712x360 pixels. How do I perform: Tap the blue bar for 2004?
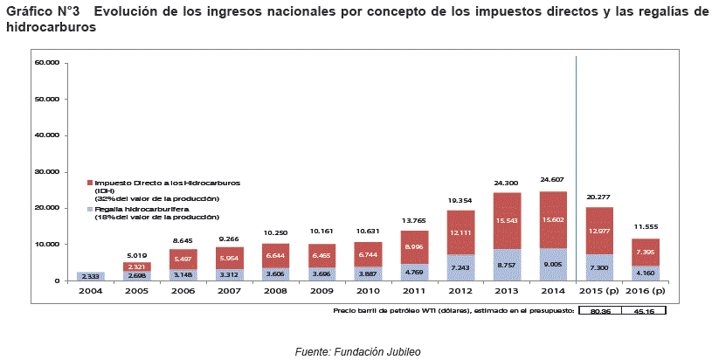(91, 276)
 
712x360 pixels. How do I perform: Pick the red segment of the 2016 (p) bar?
(646, 253)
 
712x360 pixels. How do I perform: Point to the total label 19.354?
(460, 199)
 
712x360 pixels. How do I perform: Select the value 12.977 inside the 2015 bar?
(600, 231)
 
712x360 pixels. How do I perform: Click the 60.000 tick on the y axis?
(46, 63)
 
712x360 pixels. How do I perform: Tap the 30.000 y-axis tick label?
(46, 172)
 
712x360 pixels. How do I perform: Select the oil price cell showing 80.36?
(598, 310)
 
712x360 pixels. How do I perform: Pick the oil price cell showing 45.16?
(644, 310)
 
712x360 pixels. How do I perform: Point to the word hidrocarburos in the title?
(51, 28)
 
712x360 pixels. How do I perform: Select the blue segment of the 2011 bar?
(414, 272)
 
